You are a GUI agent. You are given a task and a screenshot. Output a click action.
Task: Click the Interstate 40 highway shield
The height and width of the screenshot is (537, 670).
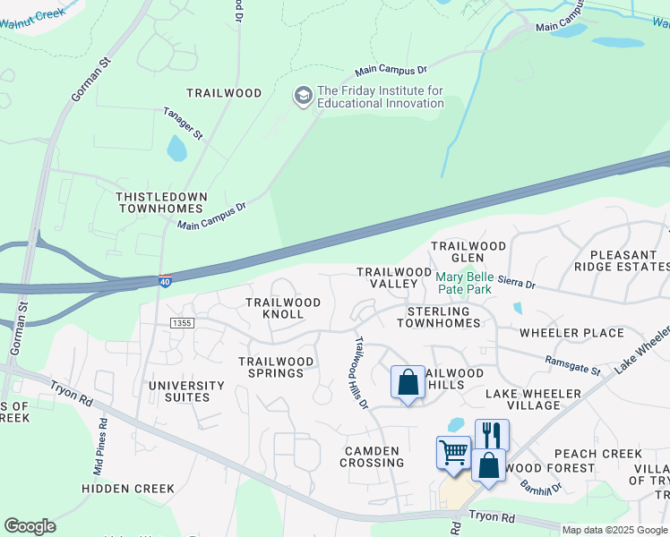coord(166,282)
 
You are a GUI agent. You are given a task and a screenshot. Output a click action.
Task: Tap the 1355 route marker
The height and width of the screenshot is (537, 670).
coord(182,322)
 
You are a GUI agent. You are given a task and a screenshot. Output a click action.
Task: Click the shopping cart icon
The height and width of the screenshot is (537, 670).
coord(453,452)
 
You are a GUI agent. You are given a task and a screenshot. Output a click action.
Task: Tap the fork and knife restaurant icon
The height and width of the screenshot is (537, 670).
coord(492,435)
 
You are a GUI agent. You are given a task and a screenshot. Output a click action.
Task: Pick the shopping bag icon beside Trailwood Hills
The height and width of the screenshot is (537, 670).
coord(408,382)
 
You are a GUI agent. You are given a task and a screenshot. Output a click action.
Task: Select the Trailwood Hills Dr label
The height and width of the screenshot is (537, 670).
coord(361,372)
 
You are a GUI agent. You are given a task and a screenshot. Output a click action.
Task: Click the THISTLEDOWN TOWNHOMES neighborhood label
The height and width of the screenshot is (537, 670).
coord(162,202)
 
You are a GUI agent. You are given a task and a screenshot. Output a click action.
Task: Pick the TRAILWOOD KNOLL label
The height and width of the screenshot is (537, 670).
coord(283,309)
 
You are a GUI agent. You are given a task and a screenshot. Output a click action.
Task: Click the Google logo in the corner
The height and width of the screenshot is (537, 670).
coord(30,526)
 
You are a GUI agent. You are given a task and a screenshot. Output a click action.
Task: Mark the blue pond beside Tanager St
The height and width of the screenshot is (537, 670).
coord(176,148)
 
